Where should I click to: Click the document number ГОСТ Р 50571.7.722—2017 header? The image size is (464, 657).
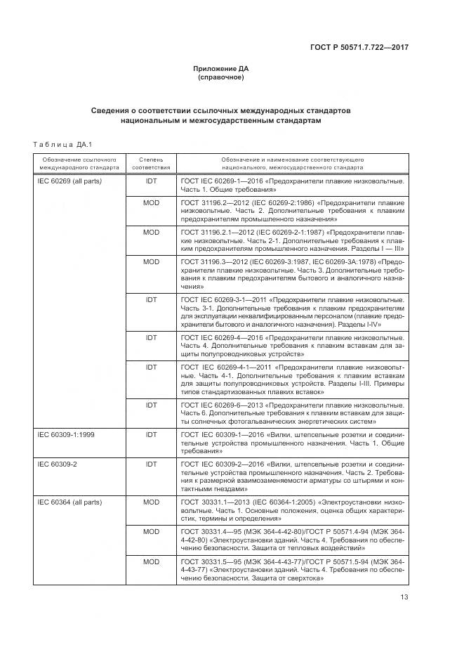(359, 47)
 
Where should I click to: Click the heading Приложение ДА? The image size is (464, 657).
(220, 68)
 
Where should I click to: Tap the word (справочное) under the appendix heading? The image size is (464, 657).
(220, 77)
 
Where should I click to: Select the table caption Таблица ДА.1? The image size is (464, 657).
(58, 145)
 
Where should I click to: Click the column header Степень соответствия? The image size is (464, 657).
(151, 164)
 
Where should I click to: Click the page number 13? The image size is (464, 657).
(404, 598)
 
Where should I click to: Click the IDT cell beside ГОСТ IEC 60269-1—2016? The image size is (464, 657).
(151, 181)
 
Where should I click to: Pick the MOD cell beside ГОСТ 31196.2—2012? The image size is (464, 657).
(151, 202)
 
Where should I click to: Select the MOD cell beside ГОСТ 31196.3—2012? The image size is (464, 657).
(151, 261)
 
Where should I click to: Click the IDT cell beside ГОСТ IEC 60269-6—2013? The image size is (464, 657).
(151, 405)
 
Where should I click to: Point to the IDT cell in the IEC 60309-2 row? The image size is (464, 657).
(151, 464)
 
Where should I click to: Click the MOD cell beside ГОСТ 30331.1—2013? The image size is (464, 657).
(151, 502)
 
